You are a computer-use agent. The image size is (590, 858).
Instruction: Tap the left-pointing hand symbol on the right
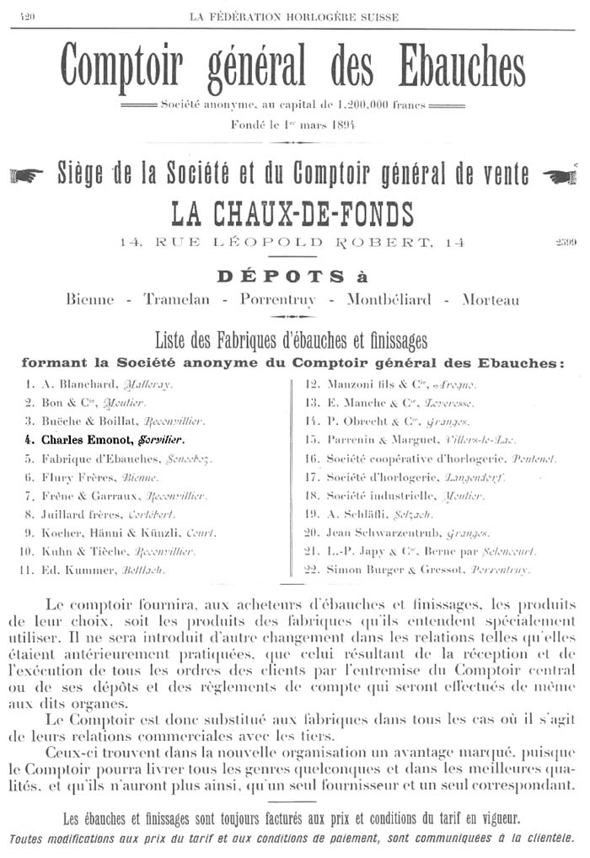pyautogui.click(x=558, y=175)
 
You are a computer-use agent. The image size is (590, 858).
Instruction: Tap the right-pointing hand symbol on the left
pyautogui.click(x=26, y=175)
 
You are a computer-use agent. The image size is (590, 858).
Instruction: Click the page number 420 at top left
pyautogui.click(x=26, y=17)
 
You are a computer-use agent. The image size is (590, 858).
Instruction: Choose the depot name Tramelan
pyautogui.click(x=179, y=300)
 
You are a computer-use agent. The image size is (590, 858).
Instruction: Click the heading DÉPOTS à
pyautogui.click(x=292, y=276)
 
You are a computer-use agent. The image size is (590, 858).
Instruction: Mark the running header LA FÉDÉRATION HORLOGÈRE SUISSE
pyautogui.click(x=293, y=17)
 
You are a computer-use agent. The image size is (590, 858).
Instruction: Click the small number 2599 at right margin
pyautogui.click(x=566, y=244)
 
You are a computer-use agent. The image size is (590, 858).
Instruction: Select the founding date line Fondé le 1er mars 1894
pyautogui.click(x=292, y=125)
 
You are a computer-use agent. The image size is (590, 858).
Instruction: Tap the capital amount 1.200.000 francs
pyautogui.click(x=371, y=105)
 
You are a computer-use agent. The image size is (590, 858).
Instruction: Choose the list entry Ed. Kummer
pyautogui.click(x=101, y=571)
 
